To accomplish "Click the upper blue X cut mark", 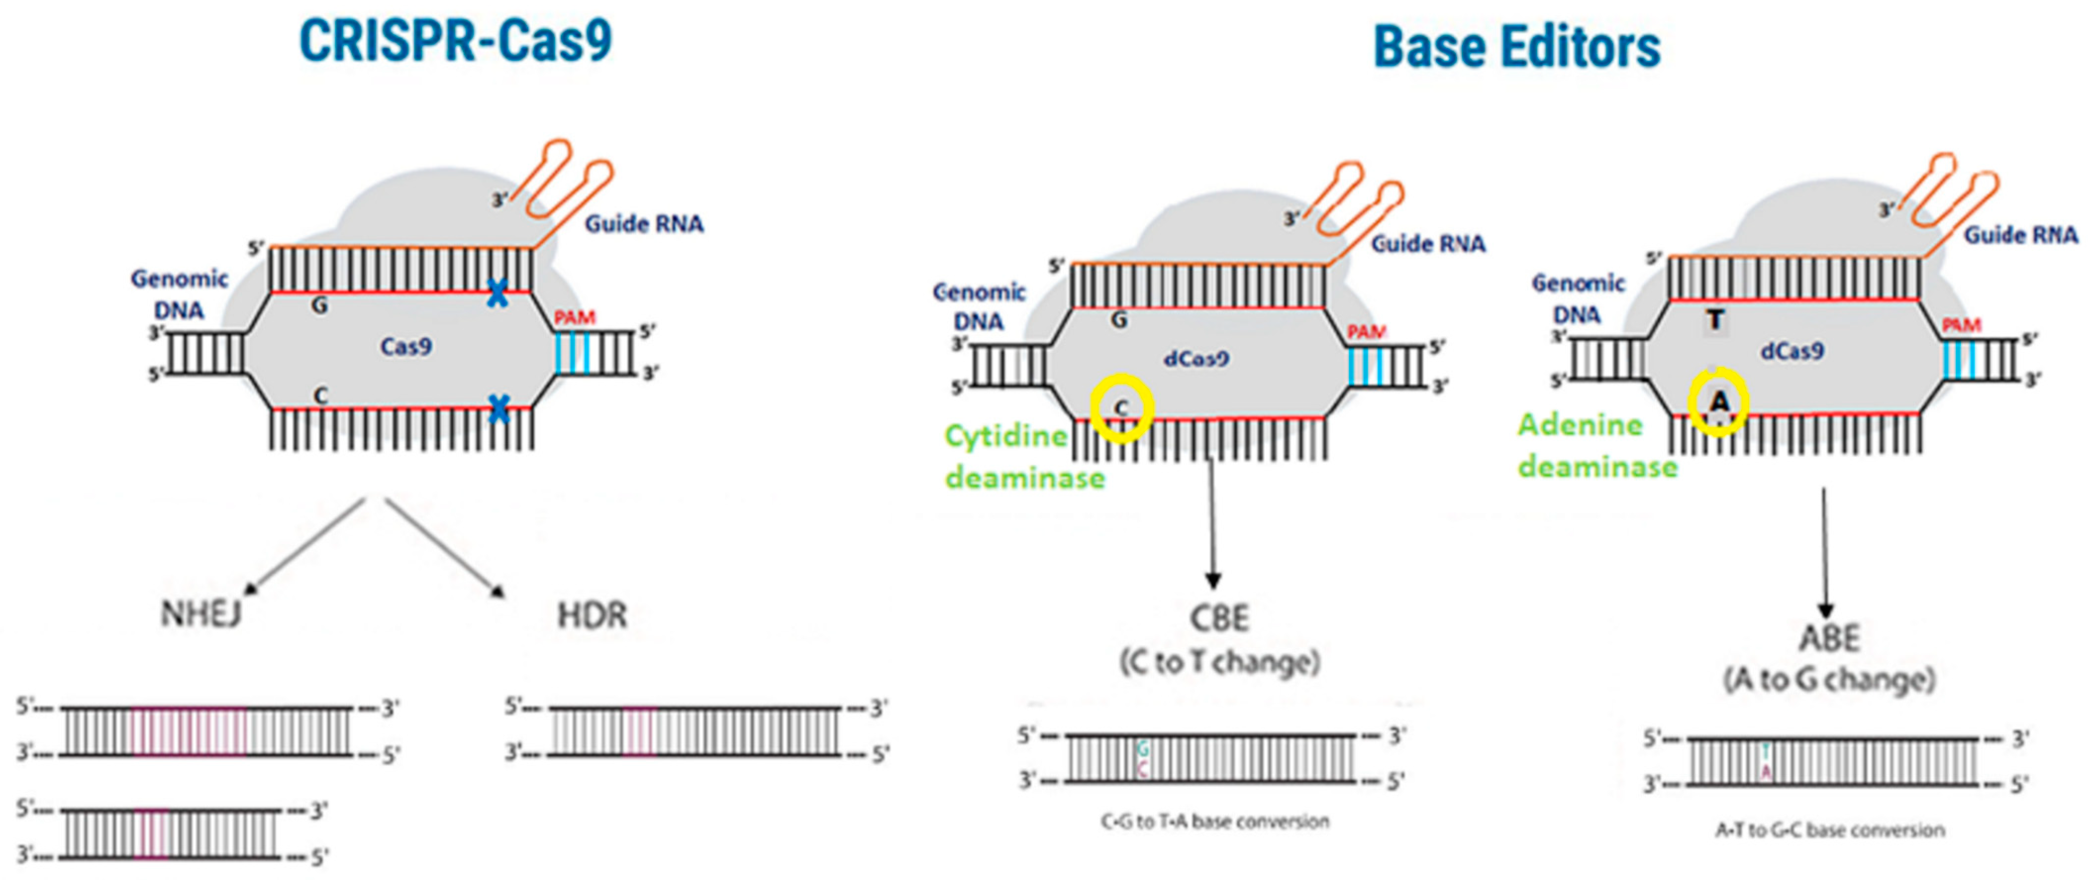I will tap(498, 293).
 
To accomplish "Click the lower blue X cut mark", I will tap(499, 409).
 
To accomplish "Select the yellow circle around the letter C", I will tap(1121, 408).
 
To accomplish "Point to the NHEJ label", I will tap(200, 614).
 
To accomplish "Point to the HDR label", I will tap(592, 616).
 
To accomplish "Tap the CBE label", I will tap(1218, 619).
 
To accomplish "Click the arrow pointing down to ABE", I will tap(1826, 552).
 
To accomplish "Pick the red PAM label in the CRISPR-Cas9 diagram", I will tap(575, 317).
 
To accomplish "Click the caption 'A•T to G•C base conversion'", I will tap(1830, 829).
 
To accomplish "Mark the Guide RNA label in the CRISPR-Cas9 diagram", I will tap(644, 223).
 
